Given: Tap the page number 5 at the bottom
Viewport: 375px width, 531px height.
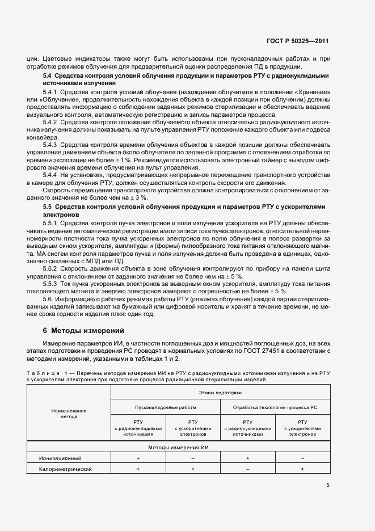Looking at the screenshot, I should [328, 484].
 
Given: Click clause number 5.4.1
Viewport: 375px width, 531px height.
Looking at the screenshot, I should [50, 92].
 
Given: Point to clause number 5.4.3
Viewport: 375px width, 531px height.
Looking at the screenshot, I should [50, 146].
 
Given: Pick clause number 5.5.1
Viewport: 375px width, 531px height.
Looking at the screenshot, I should [50, 223].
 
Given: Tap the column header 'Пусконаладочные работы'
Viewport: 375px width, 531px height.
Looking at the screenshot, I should [166, 407].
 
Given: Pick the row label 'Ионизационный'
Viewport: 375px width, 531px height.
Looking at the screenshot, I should [60, 458].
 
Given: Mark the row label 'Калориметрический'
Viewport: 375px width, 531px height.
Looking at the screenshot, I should [65, 469].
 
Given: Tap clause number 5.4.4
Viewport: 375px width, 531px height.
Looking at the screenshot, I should [50, 175].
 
